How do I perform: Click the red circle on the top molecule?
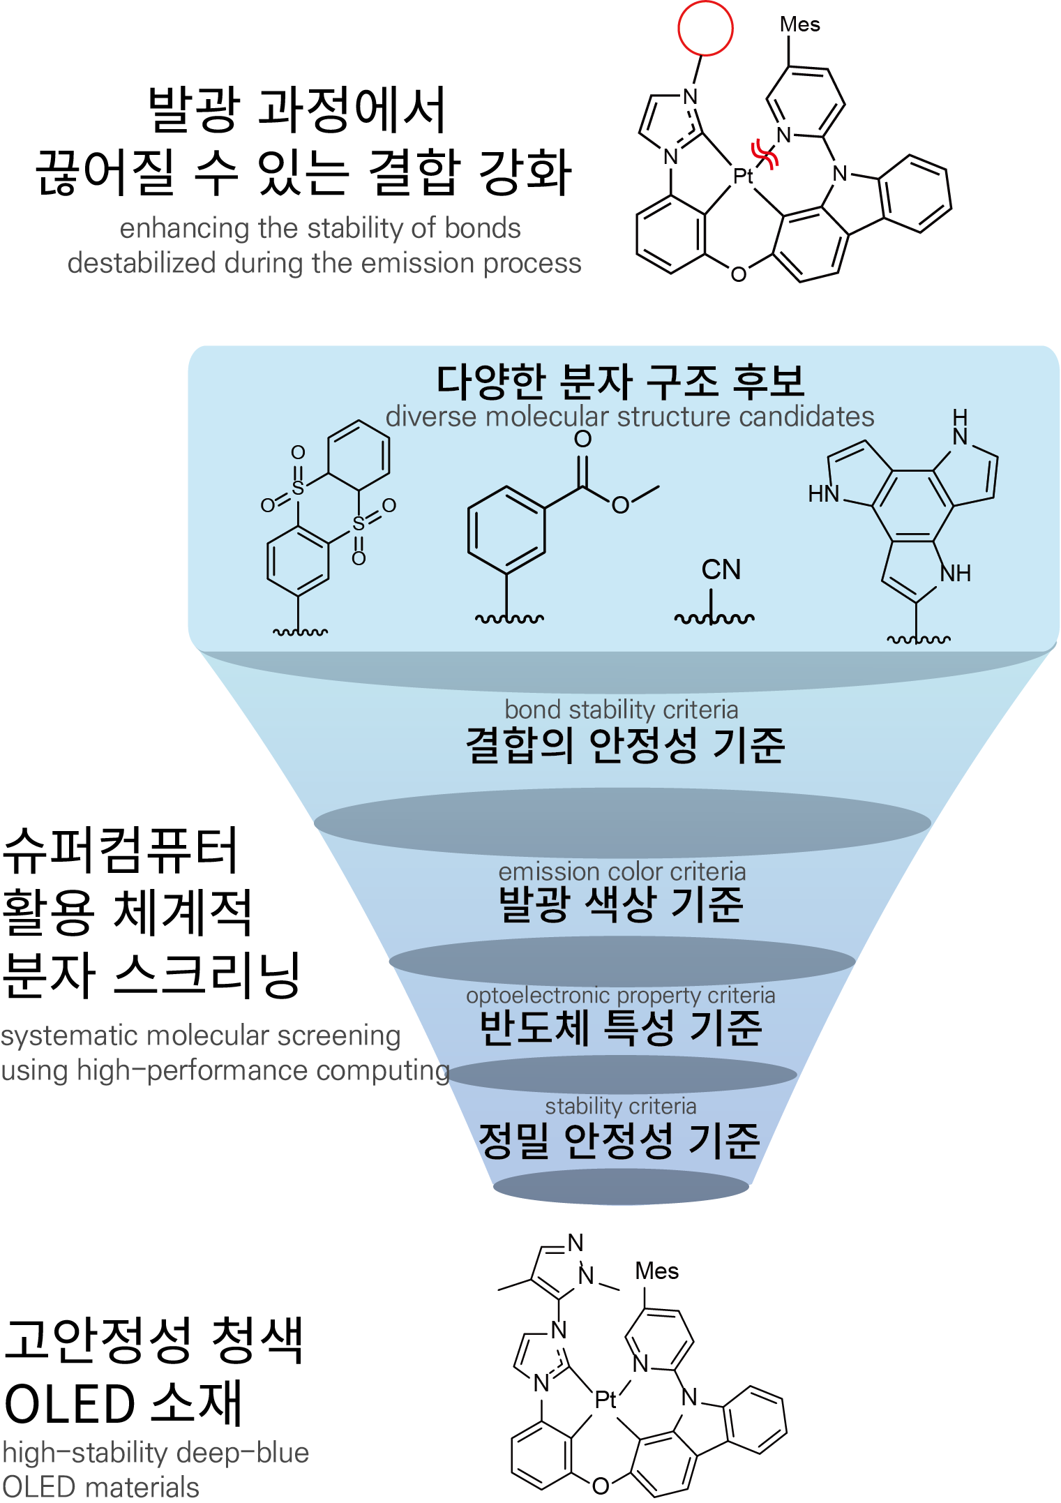[x=705, y=28]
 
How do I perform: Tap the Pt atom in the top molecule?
[x=742, y=176]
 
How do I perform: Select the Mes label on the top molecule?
[x=799, y=24]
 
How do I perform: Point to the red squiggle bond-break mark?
[x=765, y=154]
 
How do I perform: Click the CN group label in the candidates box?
[x=721, y=569]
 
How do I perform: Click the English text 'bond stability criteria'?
[x=621, y=710]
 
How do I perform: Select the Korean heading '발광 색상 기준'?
[x=621, y=904]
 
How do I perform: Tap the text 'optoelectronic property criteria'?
[x=621, y=995]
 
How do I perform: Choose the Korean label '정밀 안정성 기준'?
[x=619, y=1141]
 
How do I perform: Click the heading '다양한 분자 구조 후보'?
[x=620, y=381]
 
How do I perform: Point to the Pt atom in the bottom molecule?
[x=605, y=1399]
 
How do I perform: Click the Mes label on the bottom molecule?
[x=656, y=1271]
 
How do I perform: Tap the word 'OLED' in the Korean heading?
[x=70, y=1404]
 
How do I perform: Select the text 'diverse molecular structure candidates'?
[x=629, y=417]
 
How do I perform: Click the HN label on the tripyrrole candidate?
[x=823, y=494]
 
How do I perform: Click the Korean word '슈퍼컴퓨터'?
[x=121, y=851]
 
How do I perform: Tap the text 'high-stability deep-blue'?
[x=156, y=1452]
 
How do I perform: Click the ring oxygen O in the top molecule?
[x=738, y=274]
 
